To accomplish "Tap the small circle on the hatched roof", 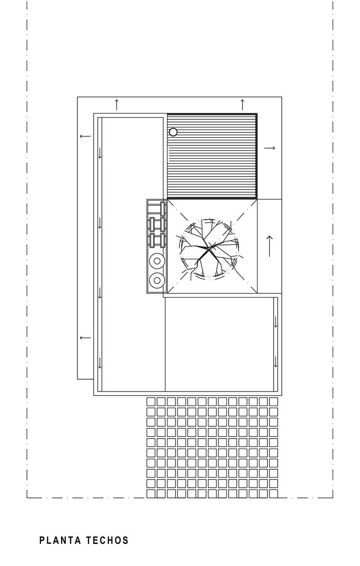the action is coord(173,132).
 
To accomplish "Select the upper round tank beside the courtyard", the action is coord(157,261).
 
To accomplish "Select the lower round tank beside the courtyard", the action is coord(157,280).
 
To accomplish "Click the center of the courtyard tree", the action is coord(209,249).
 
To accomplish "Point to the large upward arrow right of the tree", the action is coord(270,246).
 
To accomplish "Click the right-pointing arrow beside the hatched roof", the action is coord(270,148).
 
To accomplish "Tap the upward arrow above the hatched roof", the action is coord(243,105).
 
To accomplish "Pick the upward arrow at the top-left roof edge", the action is coord(117,105).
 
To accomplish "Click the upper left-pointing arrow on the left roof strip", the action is coord(85,136).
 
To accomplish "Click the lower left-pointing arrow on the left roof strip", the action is coord(85,338).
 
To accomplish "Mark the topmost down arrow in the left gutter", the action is coord(100,153).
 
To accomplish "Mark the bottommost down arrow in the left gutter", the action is coord(100,362).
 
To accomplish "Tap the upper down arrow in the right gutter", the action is coord(276,321).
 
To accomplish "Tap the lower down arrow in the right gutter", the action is coord(276,362).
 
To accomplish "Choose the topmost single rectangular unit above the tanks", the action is coord(163,209).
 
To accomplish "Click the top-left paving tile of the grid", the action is coord(151,402).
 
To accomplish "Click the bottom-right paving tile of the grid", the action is coord(274,494).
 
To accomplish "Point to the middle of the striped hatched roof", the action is coord(212,156).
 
